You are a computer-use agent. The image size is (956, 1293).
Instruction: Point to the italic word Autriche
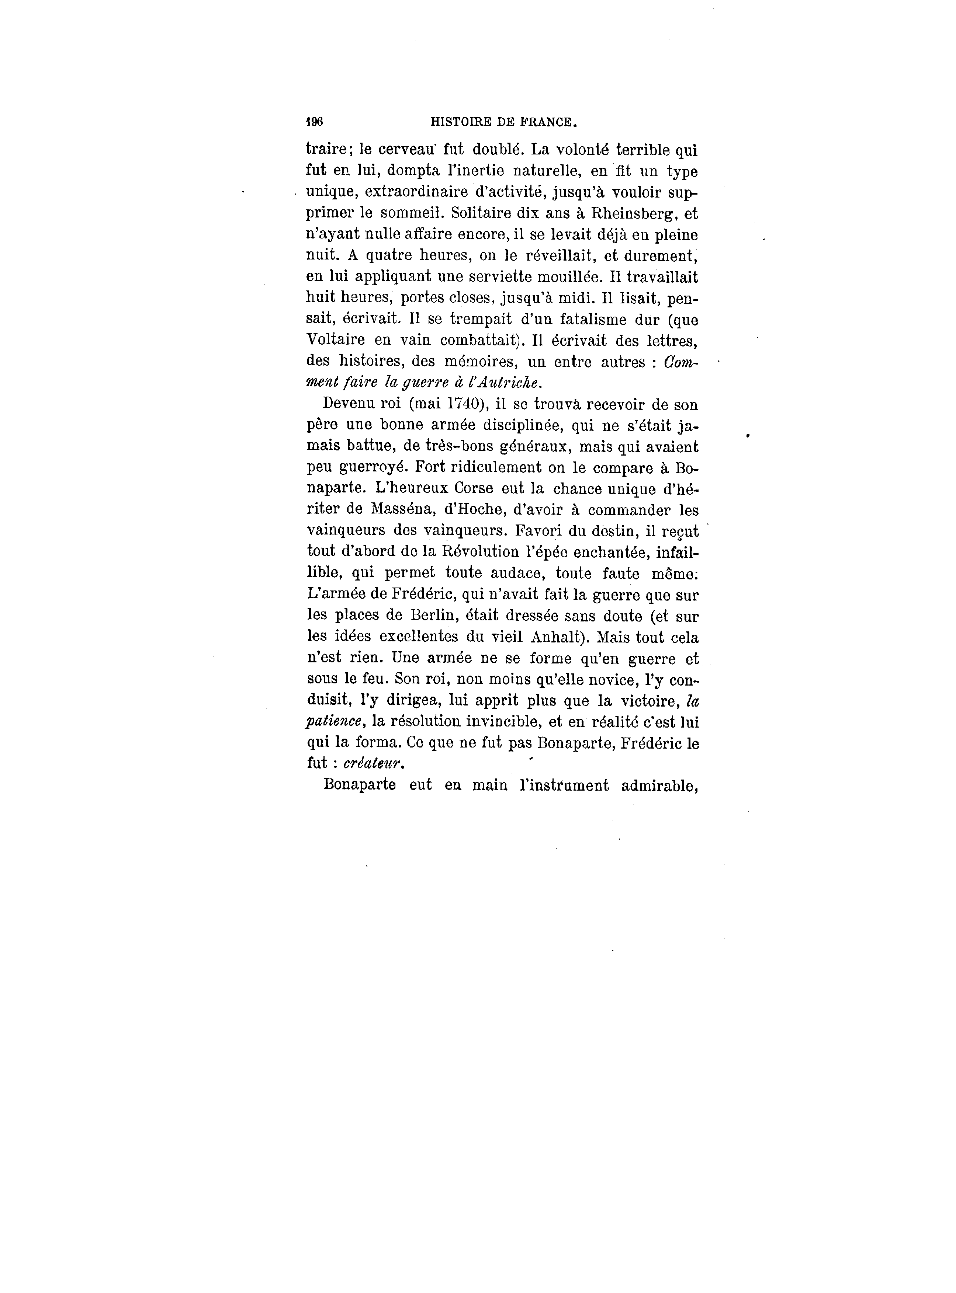click(511, 383)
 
